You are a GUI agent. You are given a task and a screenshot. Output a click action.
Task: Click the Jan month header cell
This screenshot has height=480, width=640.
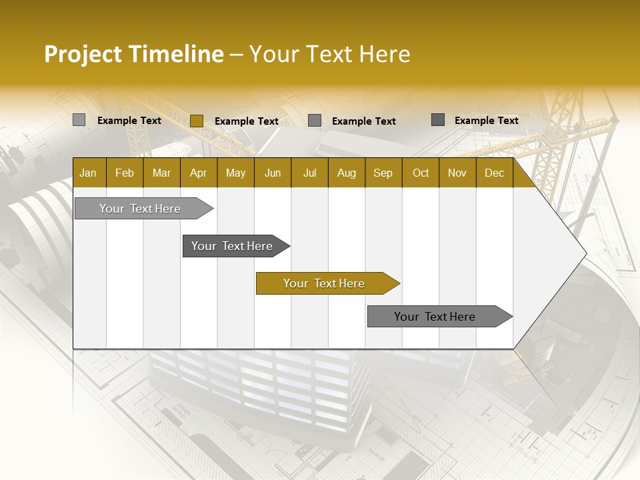(x=88, y=173)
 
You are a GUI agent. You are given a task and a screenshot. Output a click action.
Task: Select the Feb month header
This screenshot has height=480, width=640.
(x=125, y=173)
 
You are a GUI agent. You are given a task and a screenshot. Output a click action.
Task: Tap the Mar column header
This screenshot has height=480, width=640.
(x=161, y=173)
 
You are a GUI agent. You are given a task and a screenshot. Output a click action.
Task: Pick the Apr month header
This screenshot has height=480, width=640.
(x=198, y=173)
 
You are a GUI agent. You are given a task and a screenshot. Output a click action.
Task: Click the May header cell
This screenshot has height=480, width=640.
(x=235, y=173)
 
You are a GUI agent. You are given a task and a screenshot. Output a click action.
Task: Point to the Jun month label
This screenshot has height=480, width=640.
(x=273, y=173)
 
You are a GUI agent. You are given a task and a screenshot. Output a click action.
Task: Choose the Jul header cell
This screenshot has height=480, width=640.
(x=309, y=173)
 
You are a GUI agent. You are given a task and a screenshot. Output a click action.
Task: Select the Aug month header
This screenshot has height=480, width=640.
(x=346, y=173)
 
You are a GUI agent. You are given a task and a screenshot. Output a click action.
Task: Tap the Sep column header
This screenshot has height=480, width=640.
(x=383, y=173)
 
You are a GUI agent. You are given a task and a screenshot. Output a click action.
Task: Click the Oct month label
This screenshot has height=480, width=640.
(x=421, y=173)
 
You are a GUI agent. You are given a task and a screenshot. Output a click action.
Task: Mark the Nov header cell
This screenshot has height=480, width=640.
(x=457, y=173)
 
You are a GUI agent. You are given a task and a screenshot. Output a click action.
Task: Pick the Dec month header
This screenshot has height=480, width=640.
(x=494, y=173)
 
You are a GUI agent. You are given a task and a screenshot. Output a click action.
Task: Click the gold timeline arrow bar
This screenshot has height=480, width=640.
(x=325, y=283)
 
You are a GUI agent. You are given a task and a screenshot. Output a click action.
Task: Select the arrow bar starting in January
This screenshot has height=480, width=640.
(x=141, y=209)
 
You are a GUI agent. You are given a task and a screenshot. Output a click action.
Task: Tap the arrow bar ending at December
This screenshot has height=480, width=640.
(x=435, y=317)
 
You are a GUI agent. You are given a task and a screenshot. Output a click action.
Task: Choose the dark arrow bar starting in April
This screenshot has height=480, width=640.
(x=233, y=246)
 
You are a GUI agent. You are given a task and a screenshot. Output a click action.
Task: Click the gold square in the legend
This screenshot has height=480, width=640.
(x=196, y=121)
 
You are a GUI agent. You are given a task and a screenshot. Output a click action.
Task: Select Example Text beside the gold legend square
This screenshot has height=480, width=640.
(x=246, y=121)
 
